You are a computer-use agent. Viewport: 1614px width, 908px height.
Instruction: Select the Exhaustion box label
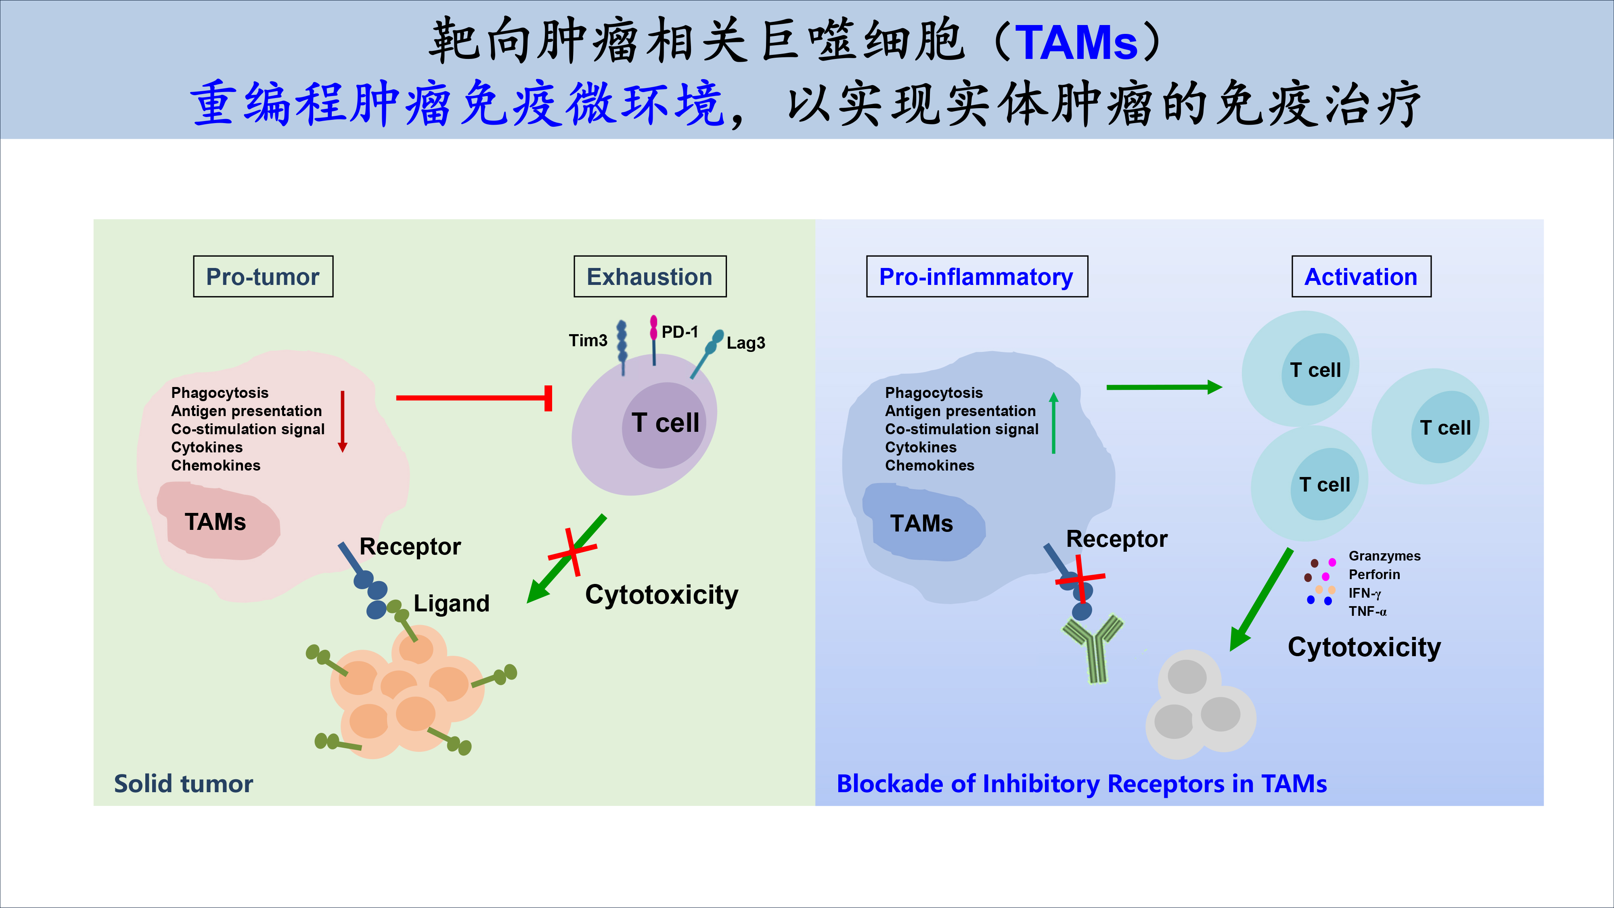[x=650, y=276]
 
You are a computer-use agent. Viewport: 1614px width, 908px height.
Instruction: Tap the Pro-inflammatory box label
[x=976, y=276]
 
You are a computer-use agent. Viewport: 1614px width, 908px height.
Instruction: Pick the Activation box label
[x=1361, y=276]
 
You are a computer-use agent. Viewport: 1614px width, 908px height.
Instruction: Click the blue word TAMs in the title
[x=1076, y=43]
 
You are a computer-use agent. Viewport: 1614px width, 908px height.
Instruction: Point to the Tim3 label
[x=588, y=340]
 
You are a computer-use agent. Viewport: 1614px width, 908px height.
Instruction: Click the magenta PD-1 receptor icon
[x=653, y=327]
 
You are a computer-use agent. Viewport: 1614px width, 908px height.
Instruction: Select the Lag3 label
[x=745, y=343]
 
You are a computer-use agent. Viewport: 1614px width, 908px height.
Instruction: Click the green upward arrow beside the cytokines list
[x=1054, y=423]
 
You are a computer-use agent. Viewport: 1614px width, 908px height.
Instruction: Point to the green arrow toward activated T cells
[x=1163, y=387]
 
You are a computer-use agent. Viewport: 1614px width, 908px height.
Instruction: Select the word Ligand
[x=451, y=603]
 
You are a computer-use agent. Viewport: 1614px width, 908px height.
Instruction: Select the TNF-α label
[x=1367, y=611]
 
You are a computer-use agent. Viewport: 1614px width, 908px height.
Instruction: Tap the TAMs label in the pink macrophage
[x=215, y=522]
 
